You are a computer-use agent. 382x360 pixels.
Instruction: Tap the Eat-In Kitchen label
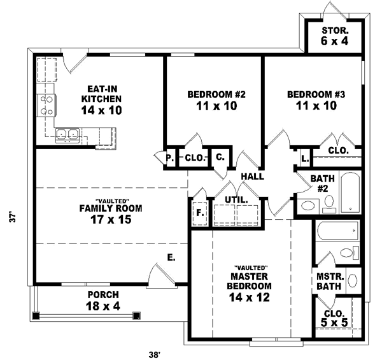[x=101, y=99]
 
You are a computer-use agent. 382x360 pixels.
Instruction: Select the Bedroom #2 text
[x=216, y=100]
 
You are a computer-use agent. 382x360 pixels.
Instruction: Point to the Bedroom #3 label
[x=316, y=100]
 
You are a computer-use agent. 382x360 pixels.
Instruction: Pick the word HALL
[x=253, y=176]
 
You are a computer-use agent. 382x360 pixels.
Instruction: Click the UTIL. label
[x=236, y=200]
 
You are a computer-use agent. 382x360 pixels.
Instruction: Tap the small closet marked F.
[x=199, y=213]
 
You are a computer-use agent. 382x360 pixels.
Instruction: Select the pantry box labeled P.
[x=170, y=158]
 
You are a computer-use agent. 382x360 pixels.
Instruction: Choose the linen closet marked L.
[x=304, y=157]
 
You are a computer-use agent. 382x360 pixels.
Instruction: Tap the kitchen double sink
[x=67, y=134]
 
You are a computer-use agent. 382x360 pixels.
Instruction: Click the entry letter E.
[x=171, y=257]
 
